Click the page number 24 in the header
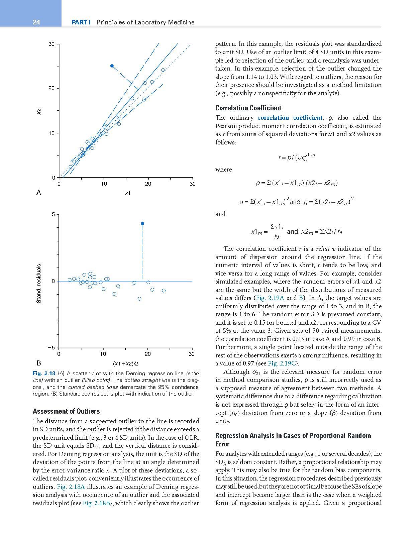(36, 22)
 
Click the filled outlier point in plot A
(112, 66)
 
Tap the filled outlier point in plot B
(142, 223)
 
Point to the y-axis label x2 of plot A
(39, 111)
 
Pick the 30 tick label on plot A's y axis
(51, 44)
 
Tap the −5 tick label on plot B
(51, 348)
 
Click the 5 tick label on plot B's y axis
(53, 214)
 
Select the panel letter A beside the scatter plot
(39, 192)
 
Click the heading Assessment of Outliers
(66, 411)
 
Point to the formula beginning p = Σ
(296, 183)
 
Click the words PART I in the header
(82, 22)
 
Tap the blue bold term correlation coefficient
(290, 118)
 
